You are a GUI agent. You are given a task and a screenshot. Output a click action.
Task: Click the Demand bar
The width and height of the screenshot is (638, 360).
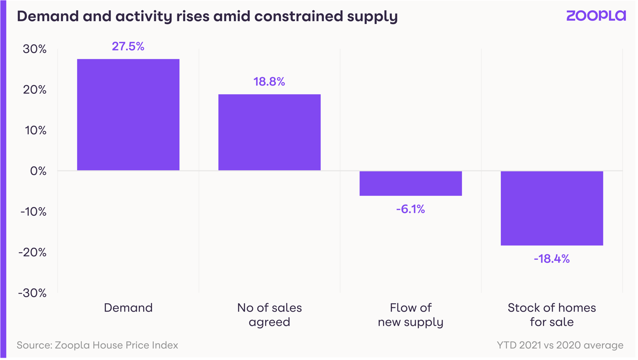(x=128, y=115)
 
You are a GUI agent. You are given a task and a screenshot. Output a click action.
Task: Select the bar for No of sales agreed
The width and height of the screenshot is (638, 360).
(x=269, y=133)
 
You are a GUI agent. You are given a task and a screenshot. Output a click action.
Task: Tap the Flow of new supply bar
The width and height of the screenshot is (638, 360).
(x=411, y=183)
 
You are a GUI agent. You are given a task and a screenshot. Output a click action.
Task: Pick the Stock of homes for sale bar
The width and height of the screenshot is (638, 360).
(x=552, y=208)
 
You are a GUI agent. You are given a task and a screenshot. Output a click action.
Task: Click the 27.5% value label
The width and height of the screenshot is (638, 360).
(x=128, y=46)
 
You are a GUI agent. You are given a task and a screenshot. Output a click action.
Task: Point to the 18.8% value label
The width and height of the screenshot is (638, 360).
(x=269, y=82)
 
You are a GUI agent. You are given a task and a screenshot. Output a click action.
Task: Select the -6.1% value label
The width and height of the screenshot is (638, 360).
(x=410, y=209)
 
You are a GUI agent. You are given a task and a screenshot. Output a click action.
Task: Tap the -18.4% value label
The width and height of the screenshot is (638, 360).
(x=552, y=259)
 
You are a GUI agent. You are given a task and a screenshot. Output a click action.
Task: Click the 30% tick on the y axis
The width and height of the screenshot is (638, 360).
(x=35, y=49)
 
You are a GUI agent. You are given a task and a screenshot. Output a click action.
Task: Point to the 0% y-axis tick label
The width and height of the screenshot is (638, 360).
(x=38, y=171)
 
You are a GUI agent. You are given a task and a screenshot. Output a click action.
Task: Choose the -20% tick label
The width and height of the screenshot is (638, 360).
(x=32, y=252)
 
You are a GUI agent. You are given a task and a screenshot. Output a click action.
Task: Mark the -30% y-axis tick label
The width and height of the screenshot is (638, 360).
(x=32, y=293)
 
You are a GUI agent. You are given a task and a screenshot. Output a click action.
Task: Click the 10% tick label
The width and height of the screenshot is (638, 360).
(x=36, y=130)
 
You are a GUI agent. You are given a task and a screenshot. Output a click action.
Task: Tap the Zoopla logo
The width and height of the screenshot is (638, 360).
(x=596, y=16)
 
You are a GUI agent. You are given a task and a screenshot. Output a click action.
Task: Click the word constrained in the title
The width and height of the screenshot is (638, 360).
(x=298, y=16)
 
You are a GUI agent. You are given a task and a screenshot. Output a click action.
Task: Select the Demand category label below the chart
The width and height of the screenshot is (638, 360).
(x=128, y=308)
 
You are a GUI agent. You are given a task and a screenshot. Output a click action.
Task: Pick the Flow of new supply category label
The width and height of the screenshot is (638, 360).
(x=411, y=315)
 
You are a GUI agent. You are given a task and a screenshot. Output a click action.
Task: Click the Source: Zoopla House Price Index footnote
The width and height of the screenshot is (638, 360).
(x=97, y=345)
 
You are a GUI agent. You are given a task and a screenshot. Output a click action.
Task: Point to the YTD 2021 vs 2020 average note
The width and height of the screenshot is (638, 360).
(x=560, y=345)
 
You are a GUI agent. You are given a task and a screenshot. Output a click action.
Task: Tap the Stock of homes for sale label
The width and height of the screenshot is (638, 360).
(x=552, y=315)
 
